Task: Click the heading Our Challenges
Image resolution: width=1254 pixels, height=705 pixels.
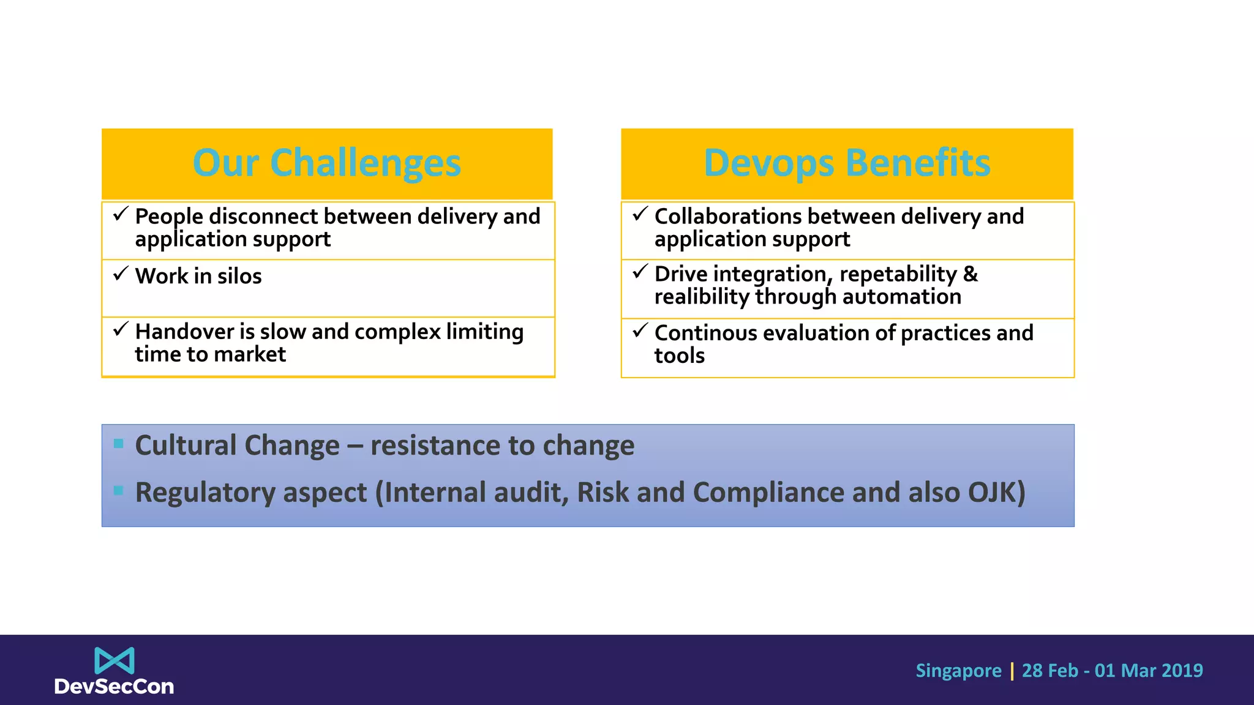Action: (x=326, y=163)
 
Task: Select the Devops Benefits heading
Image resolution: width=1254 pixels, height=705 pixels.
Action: (x=847, y=163)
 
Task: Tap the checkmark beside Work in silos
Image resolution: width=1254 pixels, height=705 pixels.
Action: (x=121, y=273)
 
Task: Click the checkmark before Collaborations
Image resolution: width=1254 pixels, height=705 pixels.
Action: (x=640, y=214)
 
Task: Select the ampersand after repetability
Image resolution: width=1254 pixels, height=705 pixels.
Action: (x=971, y=274)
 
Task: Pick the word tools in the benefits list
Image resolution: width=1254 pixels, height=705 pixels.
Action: (x=680, y=356)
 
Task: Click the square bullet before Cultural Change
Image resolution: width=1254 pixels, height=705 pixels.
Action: (x=119, y=443)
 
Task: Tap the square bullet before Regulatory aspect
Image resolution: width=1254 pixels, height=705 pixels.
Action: (x=119, y=490)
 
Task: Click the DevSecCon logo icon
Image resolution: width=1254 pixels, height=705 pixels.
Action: (x=115, y=661)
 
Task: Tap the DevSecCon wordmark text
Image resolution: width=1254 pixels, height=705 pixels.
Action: (x=115, y=687)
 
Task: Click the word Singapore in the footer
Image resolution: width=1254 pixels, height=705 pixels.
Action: (x=958, y=671)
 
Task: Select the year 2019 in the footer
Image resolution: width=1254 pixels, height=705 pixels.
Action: (x=1182, y=671)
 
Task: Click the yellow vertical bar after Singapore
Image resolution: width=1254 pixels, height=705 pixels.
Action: (x=1012, y=671)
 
